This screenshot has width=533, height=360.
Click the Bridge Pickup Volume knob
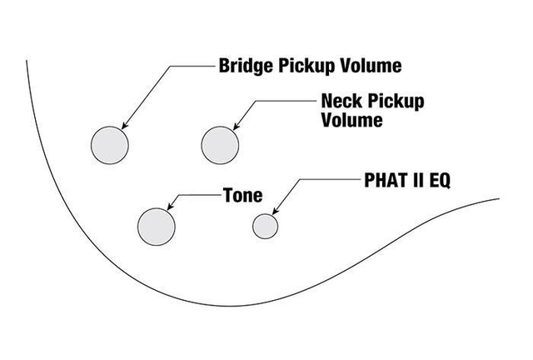(109, 143)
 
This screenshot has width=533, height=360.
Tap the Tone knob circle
(157, 226)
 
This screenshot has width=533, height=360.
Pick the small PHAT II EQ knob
(266, 225)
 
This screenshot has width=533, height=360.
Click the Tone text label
(242, 197)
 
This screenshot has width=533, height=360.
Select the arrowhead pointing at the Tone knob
(170, 206)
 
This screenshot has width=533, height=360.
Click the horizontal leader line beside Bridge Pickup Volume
(192, 65)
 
